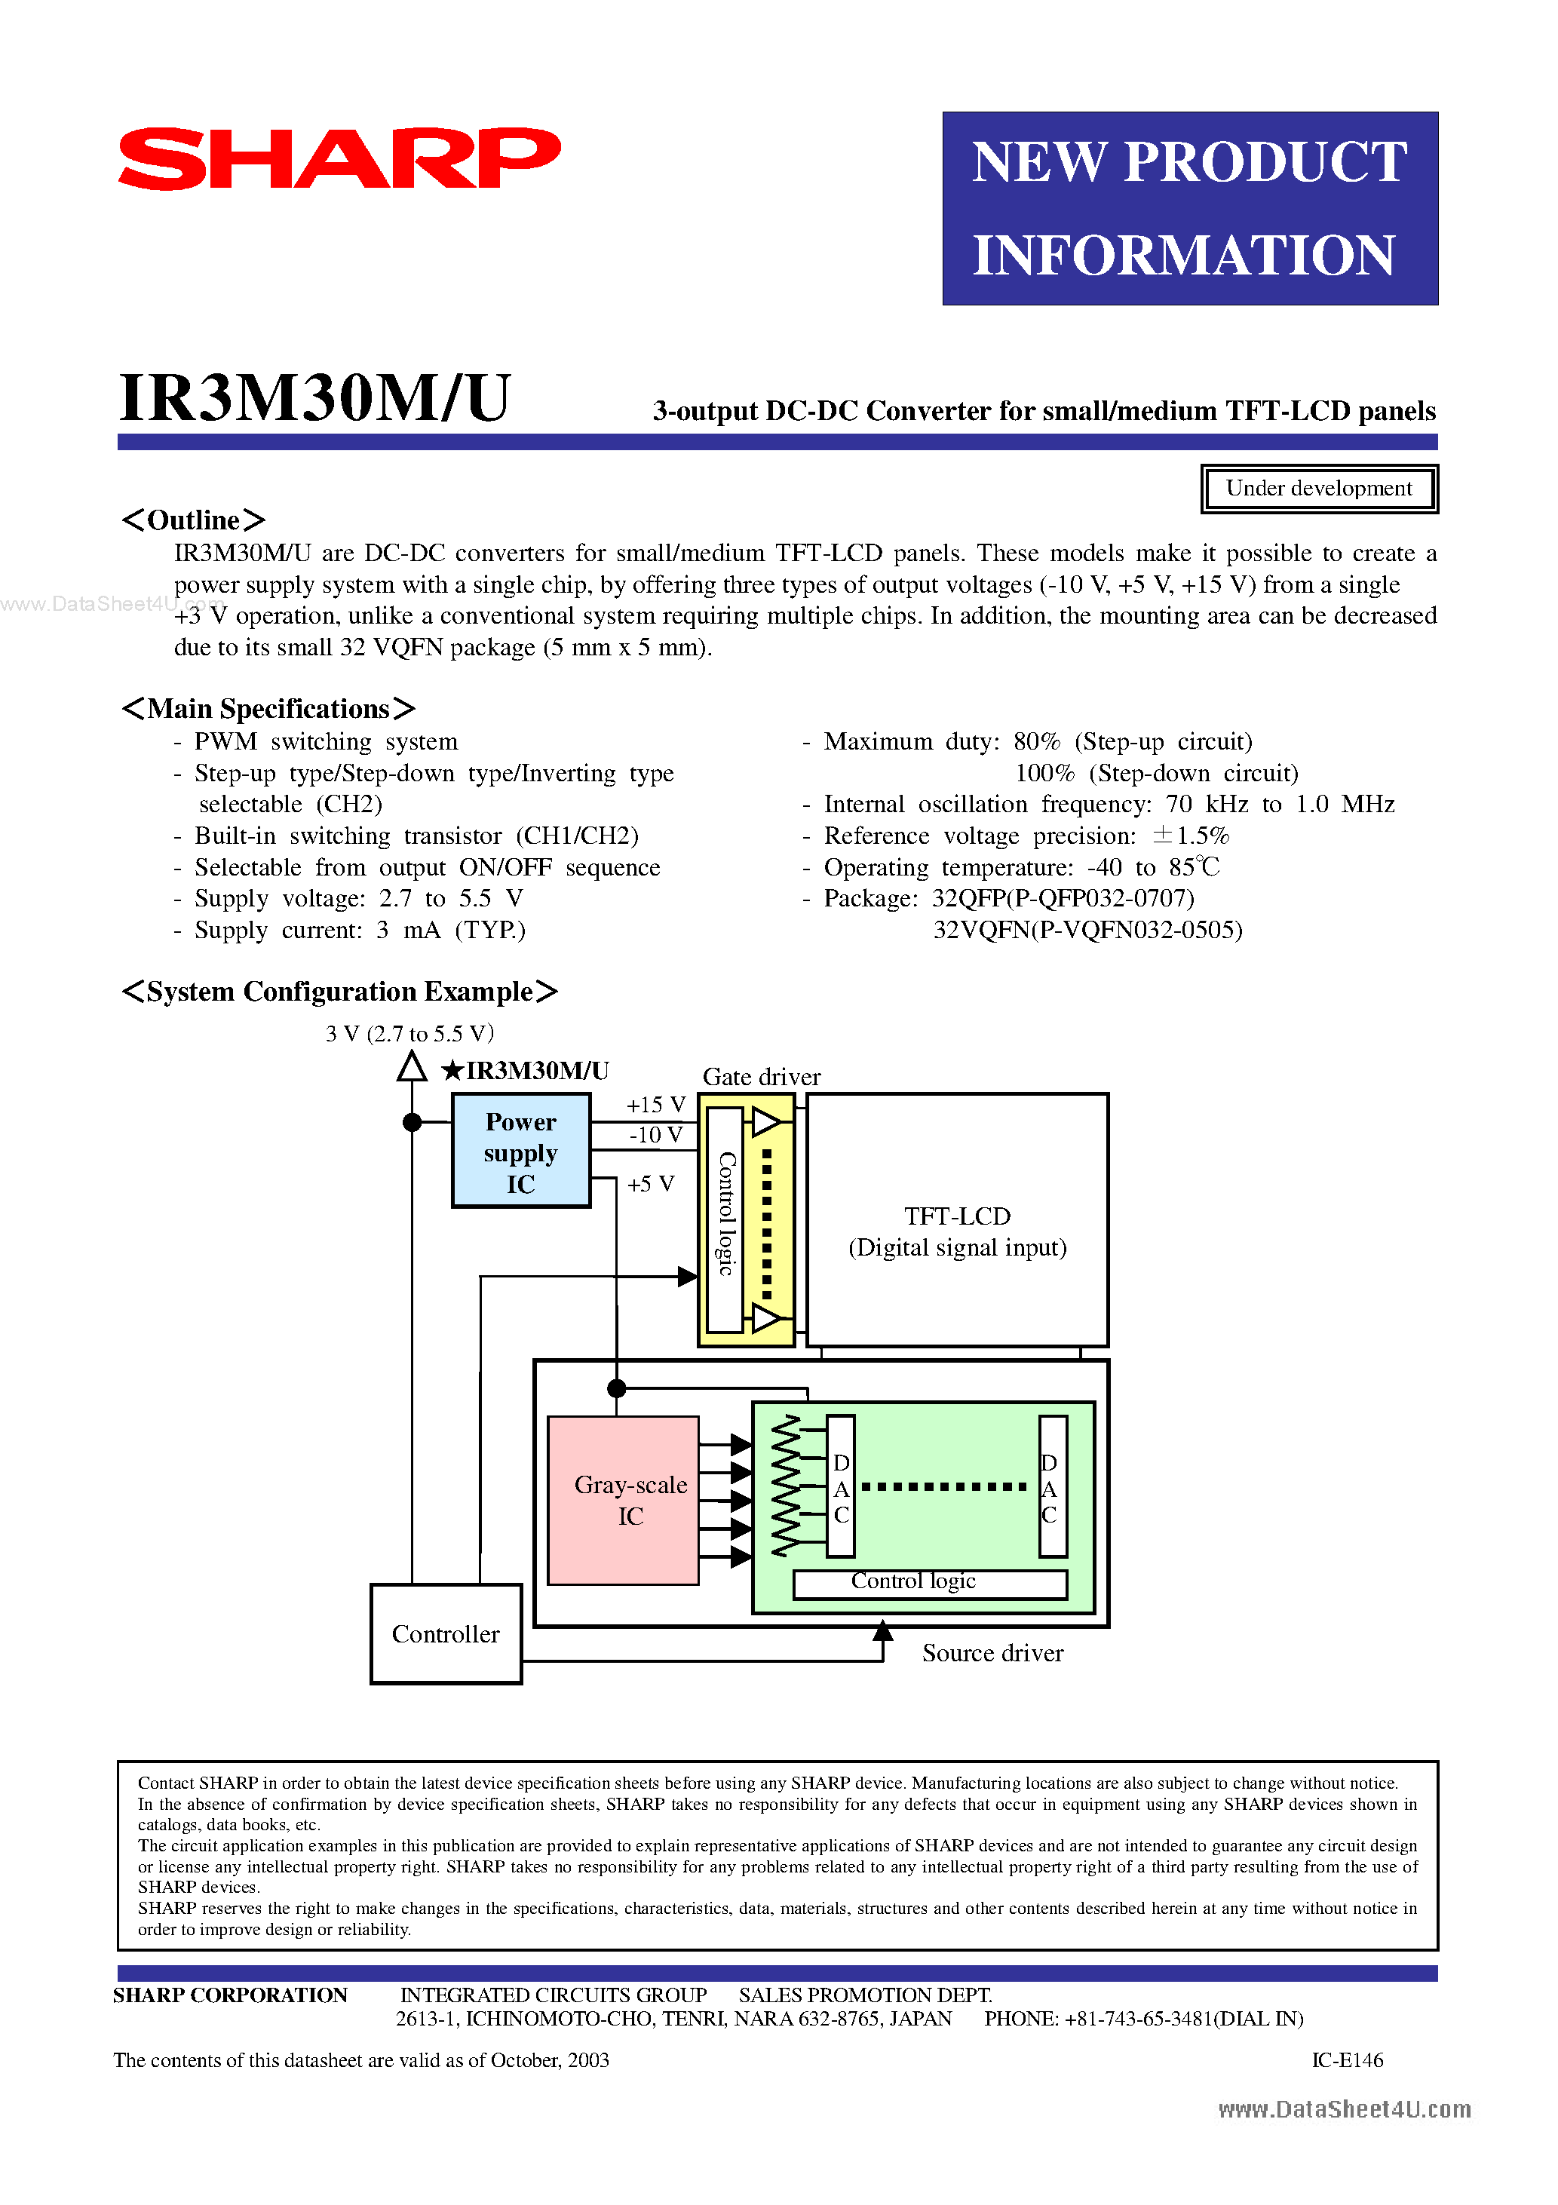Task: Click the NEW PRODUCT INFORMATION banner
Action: tap(1189, 208)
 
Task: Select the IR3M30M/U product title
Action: tap(314, 397)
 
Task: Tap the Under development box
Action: tap(1318, 489)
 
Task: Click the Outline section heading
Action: tap(193, 520)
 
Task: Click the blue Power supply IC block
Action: tap(520, 1152)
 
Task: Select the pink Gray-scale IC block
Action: tap(622, 1499)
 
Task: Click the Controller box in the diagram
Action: tap(446, 1633)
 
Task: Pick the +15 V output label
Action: tap(655, 1106)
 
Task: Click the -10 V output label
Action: tap(655, 1135)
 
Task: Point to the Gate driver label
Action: tap(761, 1077)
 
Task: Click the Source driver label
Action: tap(992, 1653)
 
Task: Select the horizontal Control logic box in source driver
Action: tap(929, 1584)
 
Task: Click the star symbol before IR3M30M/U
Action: tap(452, 1071)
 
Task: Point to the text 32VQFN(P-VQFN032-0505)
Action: tap(1087, 930)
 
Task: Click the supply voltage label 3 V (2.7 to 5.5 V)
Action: tap(409, 1033)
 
